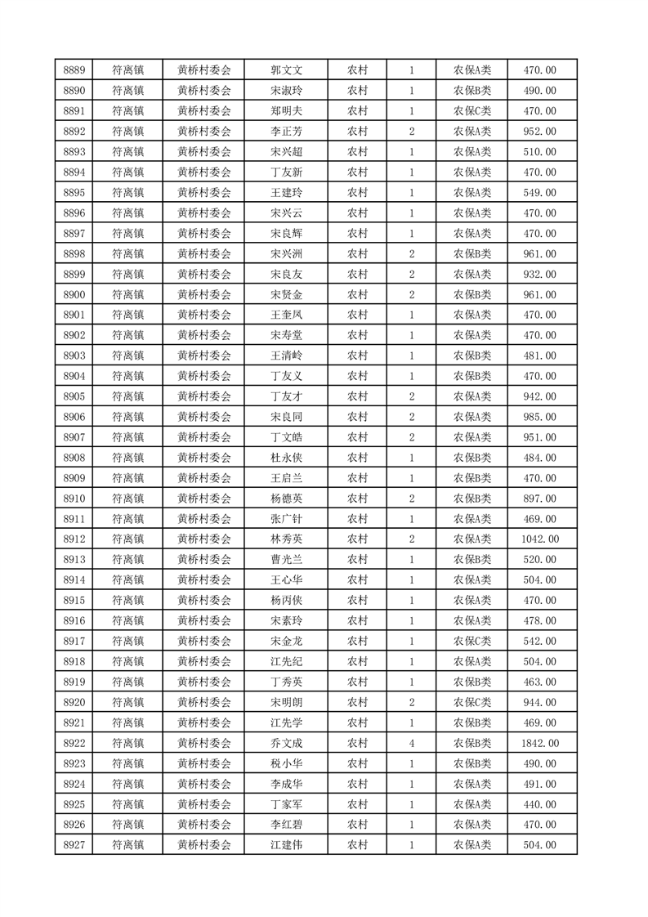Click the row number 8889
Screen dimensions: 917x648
pos(74,70)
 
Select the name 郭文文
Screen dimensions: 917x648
pos(286,70)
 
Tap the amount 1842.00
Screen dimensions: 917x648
pos(539,744)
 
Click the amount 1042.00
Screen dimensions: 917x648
pos(539,539)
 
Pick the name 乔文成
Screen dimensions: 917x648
pos(286,744)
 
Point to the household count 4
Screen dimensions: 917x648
pos(411,744)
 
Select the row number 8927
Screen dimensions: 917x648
pos(74,846)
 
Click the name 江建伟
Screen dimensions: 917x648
pos(286,846)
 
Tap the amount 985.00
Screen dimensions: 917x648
pos(539,417)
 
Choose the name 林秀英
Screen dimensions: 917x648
pos(286,539)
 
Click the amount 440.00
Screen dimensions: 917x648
pos(539,805)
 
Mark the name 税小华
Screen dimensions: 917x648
pos(286,764)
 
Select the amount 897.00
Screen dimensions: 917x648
pos(539,499)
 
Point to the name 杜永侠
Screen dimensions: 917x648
pos(286,458)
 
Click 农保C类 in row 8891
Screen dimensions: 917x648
pos(472,111)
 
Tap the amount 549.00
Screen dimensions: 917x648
pos(539,193)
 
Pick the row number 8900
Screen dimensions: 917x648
pos(74,295)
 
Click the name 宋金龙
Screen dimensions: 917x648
pos(286,642)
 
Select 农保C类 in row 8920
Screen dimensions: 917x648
pos(472,703)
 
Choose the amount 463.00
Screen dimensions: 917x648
pos(539,682)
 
